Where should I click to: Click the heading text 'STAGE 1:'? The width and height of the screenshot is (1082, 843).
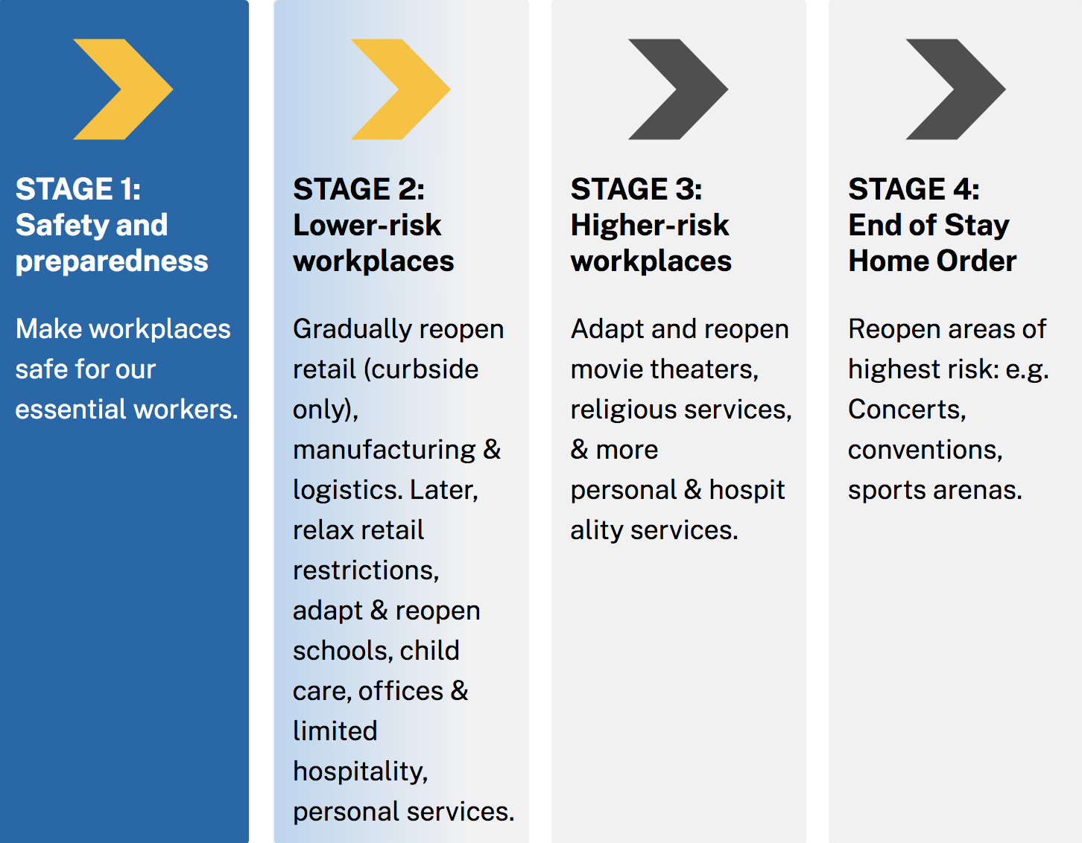point(78,189)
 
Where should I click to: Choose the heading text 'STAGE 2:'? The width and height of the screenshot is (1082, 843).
point(359,189)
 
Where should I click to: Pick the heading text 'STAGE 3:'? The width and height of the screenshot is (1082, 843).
point(636,189)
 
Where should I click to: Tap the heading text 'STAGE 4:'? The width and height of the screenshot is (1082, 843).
point(914,189)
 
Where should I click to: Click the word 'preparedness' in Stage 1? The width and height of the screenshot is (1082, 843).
point(112,261)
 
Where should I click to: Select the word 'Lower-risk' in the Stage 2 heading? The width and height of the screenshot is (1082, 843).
point(367,225)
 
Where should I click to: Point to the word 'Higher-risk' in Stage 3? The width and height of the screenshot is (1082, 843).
point(650,225)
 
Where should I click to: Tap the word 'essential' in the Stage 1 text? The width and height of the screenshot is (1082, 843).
point(70,410)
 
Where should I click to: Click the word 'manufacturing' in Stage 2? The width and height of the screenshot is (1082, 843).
point(384,451)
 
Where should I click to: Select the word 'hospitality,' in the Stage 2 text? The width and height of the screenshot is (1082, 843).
point(361,772)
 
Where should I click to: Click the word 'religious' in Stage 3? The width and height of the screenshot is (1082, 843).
point(624,410)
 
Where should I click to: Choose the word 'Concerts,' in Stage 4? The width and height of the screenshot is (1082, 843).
point(907,410)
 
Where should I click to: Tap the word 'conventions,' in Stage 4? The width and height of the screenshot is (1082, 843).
point(926,451)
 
